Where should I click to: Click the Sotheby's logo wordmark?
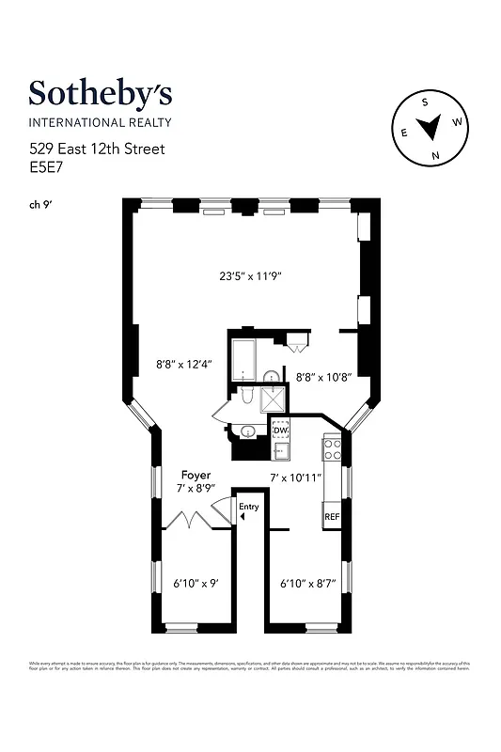pyautogui.click(x=100, y=94)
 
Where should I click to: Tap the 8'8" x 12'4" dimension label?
pyautogui.click(x=184, y=363)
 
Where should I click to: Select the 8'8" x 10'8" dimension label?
pyautogui.click(x=323, y=377)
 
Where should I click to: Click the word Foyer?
pyautogui.click(x=196, y=476)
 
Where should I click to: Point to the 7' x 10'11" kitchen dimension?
pyautogui.click(x=295, y=478)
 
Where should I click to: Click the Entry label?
pyautogui.click(x=248, y=508)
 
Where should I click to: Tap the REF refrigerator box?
pyautogui.click(x=332, y=517)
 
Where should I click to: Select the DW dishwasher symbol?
pyautogui.click(x=280, y=431)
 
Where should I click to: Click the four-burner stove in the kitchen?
pyautogui.click(x=332, y=448)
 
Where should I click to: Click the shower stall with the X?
pyautogui.click(x=275, y=400)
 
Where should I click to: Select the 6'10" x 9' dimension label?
pyautogui.click(x=196, y=584)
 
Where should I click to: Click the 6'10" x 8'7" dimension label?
pyautogui.click(x=308, y=584)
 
